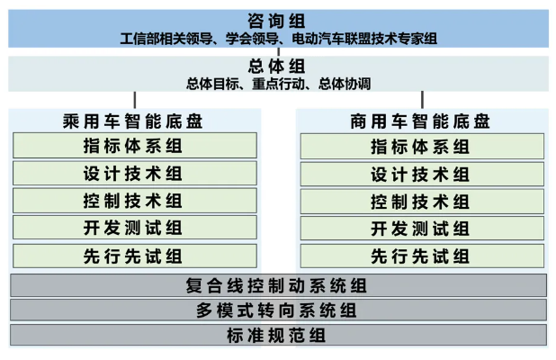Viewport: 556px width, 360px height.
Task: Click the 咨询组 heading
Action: click(276, 21)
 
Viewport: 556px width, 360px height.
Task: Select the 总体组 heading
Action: click(276, 66)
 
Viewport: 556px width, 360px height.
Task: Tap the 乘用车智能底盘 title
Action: click(132, 121)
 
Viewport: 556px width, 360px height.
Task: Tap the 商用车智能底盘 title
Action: click(420, 121)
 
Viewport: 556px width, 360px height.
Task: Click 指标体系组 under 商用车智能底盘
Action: click(422, 146)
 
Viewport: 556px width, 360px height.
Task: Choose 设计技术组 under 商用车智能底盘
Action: click(422, 174)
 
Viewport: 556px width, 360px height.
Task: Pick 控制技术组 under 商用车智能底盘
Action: click(422, 202)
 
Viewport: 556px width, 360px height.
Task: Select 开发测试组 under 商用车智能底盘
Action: click(422, 229)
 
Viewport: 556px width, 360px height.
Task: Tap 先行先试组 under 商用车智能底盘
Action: click(422, 256)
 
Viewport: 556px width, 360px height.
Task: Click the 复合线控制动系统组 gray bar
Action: click(278, 285)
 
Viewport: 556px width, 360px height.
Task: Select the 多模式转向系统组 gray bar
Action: click(278, 310)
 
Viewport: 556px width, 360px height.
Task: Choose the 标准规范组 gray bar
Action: click(278, 335)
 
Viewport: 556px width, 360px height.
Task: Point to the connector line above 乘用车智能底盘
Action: click(135, 100)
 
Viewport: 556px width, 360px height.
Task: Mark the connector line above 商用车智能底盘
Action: click(422, 100)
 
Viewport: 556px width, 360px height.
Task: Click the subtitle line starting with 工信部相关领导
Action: click(278, 39)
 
